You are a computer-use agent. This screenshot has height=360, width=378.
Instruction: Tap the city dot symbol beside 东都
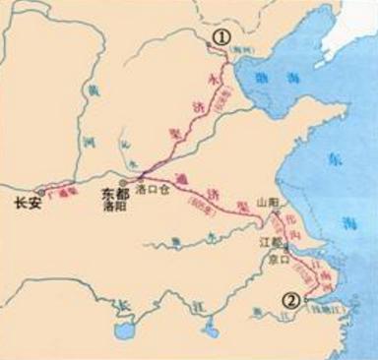[122, 182]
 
